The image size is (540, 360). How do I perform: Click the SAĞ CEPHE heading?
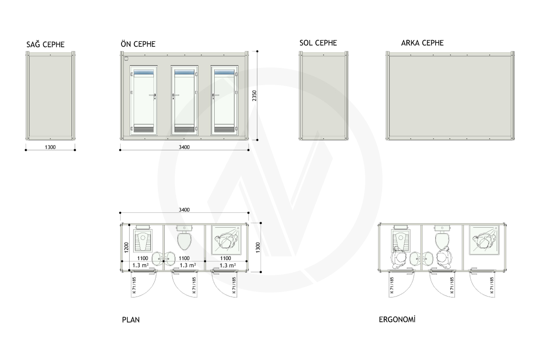click(45, 45)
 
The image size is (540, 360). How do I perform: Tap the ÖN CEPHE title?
click(138, 44)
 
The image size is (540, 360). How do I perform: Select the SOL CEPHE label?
click(318, 43)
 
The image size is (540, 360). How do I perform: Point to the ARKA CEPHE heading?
click(423, 43)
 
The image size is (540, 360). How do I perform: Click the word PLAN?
click(131, 320)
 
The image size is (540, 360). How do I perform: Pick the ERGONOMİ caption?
click(397, 319)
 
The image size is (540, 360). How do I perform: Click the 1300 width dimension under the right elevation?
click(50, 147)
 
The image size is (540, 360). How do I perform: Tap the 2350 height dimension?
click(254, 96)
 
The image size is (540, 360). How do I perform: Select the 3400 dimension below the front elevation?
click(184, 147)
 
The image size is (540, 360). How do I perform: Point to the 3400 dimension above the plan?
click(184, 210)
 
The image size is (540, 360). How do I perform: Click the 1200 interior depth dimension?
click(126, 247)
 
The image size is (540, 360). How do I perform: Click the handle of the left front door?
click(153, 96)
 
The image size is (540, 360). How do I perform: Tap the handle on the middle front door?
click(175, 96)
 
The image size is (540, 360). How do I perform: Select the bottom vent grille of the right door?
click(224, 129)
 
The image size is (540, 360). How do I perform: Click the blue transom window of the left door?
click(144, 72)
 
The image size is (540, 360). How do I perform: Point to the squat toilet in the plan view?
click(143, 240)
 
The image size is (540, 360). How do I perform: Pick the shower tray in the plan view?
click(226, 240)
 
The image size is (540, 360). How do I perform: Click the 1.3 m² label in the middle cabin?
click(188, 265)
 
